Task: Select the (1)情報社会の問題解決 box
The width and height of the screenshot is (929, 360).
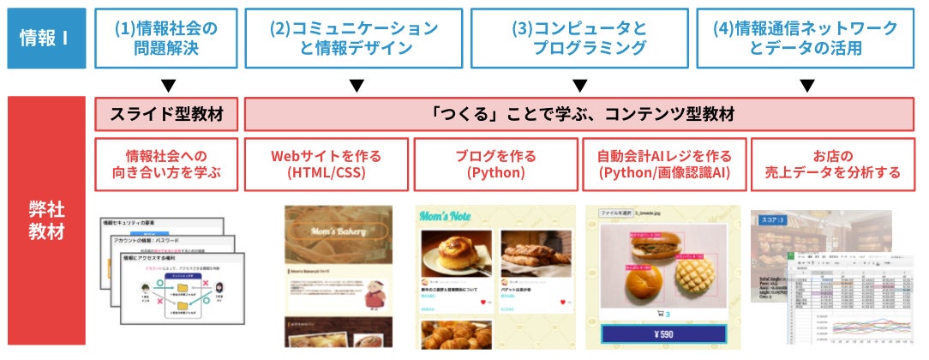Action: pos(166,39)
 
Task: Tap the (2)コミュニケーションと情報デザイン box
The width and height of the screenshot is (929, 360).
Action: pos(354,39)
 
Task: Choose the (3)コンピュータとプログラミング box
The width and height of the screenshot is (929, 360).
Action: pos(579,39)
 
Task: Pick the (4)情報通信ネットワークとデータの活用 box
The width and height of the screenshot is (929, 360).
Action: pos(806,39)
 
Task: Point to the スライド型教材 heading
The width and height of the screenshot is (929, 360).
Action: pos(166,114)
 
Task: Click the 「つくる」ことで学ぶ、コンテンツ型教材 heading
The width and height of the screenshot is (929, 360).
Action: pos(579,114)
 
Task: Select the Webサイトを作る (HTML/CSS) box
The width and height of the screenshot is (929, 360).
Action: pos(326,164)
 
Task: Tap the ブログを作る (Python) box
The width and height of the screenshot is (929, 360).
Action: pos(495,164)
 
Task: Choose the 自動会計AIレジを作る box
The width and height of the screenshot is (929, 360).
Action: pos(664,164)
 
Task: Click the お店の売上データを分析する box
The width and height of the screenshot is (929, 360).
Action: pos(832,164)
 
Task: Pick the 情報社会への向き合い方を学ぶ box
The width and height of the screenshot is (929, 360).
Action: pos(166,164)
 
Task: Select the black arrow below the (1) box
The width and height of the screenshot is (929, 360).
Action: pos(169,86)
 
